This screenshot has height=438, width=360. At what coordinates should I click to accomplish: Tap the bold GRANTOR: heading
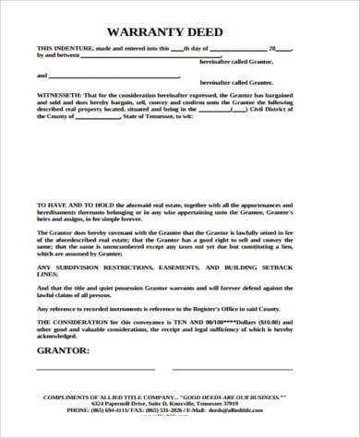point(62,351)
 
